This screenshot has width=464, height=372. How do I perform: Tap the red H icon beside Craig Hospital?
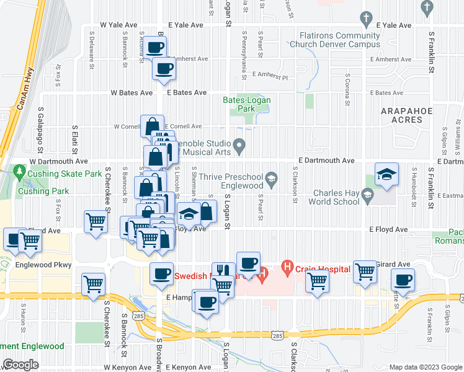click(x=287, y=270)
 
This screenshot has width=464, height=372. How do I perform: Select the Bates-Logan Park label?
click(x=239, y=104)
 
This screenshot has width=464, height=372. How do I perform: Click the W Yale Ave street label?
click(x=118, y=25)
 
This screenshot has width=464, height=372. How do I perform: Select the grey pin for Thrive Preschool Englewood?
click(x=271, y=180)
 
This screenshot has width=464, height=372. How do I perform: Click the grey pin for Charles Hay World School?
click(x=367, y=197)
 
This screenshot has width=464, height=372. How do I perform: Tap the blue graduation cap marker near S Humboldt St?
click(x=386, y=175)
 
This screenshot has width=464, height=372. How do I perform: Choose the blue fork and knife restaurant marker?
click(x=223, y=271)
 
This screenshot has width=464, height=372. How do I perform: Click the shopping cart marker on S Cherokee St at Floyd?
click(x=96, y=221)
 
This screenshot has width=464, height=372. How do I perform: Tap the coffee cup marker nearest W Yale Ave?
click(x=156, y=46)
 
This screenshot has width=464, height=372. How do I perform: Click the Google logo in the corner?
click(x=20, y=365)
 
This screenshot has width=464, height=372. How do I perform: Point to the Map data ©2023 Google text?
click(x=425, y=367)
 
